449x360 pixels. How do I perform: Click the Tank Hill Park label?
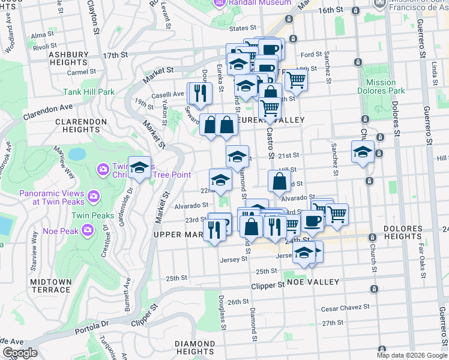pos(89,92)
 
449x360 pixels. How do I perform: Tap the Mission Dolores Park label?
pos(381,87)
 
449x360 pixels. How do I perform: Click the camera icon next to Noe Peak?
pos(88,229)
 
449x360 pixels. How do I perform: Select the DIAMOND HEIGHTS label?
pos(194,348)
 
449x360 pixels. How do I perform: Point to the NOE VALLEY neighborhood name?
pos(313,282)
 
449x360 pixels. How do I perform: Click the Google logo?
pos(20,353)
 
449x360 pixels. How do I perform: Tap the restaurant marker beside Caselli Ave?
pos(199,92)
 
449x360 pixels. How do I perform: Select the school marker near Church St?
pos(363,152)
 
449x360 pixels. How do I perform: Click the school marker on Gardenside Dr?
pos(139,168)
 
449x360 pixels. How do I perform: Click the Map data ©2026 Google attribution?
pos(411,355)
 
